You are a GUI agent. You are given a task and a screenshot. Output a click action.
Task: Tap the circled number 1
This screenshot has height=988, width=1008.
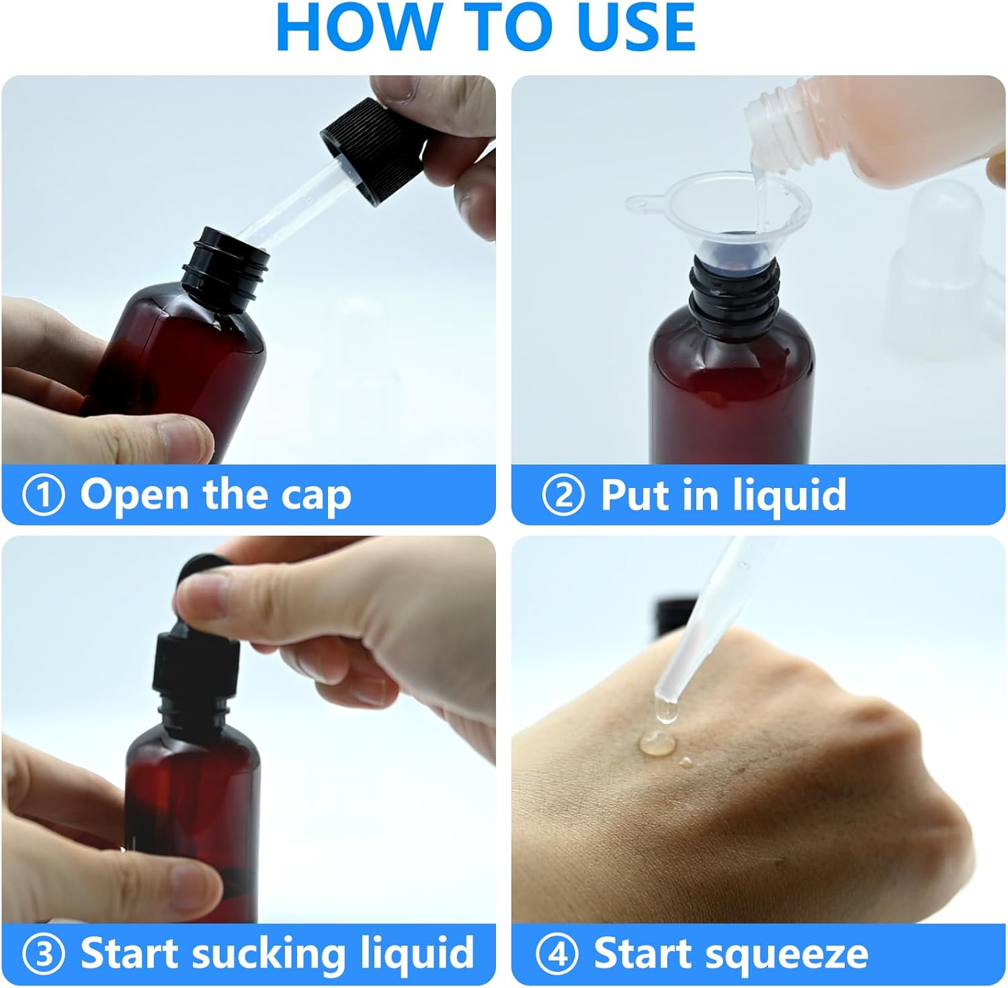pyautogui.click(x=44, y=495)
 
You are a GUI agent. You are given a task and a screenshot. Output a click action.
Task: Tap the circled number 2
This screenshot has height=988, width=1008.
pyautogui.click(x=563, y=495)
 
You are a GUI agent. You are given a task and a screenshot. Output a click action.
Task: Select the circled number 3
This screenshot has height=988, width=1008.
pyautogui.click(x=44, y=954)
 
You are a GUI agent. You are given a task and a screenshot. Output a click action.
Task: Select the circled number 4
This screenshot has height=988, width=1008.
pyautogui.click(x=557, y=954)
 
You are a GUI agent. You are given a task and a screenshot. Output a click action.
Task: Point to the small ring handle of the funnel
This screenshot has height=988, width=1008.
pyautogui.click(x=642, y=202)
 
